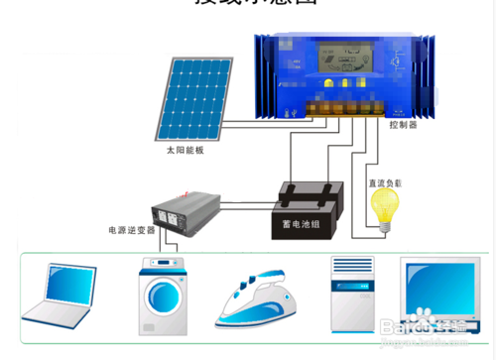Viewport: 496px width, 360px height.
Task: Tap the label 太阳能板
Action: tap(185, 151)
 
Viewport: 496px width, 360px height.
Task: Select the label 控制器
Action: tap(404, 127)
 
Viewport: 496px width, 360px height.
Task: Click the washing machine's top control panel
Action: tap(164, 267)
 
